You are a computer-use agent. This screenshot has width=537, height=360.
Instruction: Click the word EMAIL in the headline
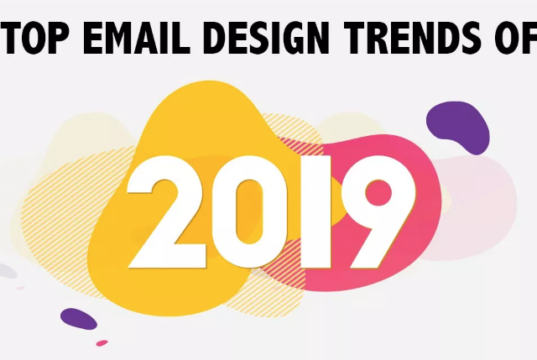136,37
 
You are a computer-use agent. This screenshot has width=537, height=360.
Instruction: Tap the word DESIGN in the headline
268,37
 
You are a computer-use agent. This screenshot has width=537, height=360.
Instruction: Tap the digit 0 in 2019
249,212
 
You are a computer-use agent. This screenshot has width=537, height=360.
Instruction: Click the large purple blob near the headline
459,124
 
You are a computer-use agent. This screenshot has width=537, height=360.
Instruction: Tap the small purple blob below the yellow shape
79,319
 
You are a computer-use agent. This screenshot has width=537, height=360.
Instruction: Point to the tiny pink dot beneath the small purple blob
102,343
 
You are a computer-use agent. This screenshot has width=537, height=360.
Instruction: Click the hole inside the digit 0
249,212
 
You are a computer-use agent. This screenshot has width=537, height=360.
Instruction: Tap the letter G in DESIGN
287,38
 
